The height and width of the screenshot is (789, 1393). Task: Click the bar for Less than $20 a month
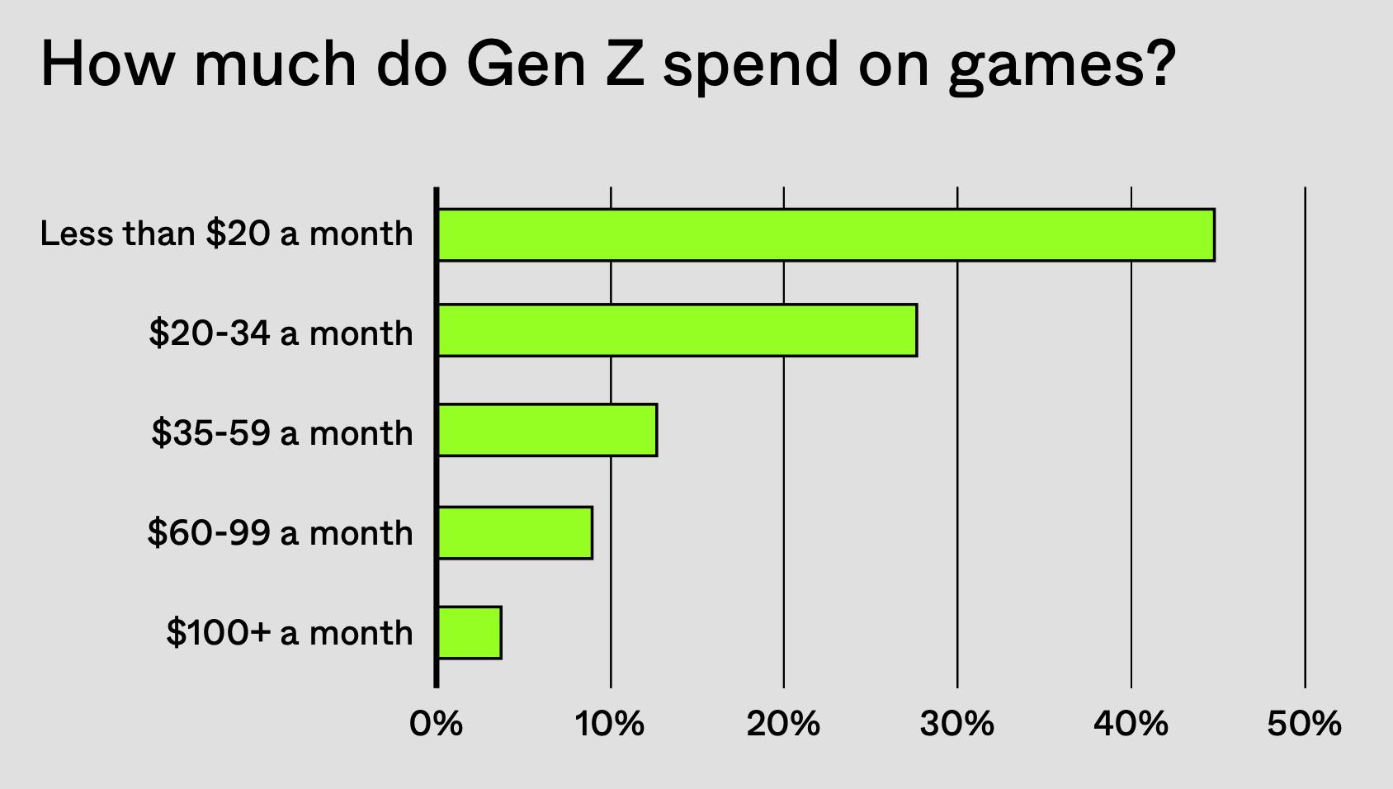825,235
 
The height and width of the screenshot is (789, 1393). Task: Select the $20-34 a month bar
677,330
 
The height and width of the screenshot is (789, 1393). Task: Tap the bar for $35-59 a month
547,430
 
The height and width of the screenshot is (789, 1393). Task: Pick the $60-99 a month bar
515,532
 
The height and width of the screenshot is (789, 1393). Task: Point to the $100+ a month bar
470,632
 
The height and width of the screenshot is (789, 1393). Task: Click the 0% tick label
436,725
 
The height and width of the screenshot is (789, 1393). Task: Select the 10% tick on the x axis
610,725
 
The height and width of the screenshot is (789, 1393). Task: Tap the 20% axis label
783,725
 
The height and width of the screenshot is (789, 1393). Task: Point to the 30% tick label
957,725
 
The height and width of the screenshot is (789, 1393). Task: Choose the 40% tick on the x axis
1131,725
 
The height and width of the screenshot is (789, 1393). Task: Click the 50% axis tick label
1304,725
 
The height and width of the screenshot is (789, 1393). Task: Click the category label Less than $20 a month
226,234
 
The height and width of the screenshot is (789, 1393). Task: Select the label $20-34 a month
281,333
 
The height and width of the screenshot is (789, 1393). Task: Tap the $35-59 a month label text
281,433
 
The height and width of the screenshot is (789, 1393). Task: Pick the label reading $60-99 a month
280,533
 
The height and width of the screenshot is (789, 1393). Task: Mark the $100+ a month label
289,633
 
